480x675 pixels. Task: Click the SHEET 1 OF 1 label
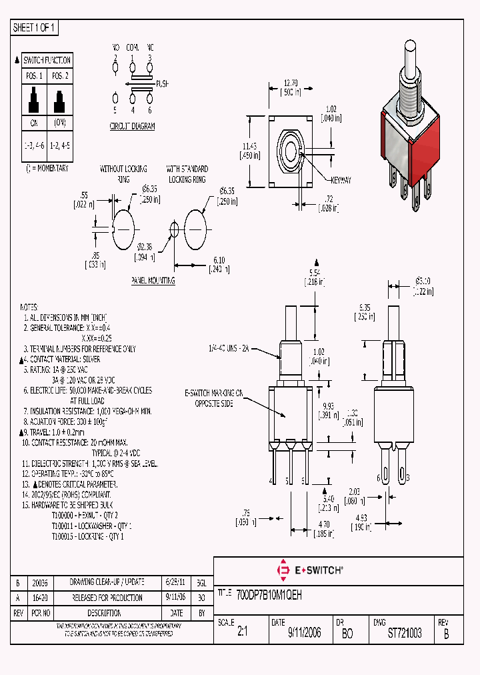pos(35,28)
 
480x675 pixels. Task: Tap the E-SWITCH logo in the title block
pos(309,570)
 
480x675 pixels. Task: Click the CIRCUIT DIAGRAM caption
pos(132,126)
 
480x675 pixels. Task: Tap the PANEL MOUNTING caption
pos(153,281)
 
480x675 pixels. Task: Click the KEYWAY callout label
pos(341,181)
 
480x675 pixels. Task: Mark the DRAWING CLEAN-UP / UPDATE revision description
pos(107,582)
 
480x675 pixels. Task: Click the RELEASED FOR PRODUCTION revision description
pos(107,598)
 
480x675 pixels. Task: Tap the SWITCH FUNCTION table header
pos(47,60)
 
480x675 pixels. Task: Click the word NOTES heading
pos(29,307)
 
